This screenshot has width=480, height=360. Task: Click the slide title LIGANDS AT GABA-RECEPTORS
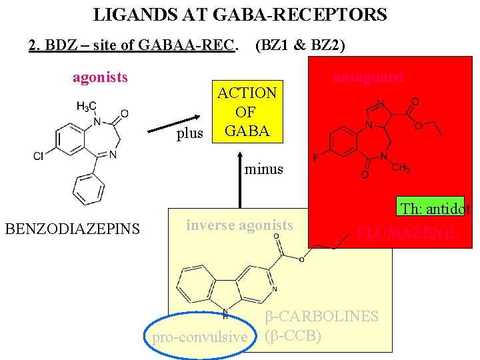[240, 14]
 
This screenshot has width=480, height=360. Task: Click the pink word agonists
[100, 77]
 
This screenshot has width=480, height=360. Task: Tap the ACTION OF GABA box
[247, 112]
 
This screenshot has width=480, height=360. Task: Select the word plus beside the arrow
[190, 134]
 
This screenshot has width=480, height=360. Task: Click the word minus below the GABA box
[264, 169]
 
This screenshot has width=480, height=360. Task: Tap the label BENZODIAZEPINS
[72, 230]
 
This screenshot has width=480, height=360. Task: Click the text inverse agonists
[239, 225]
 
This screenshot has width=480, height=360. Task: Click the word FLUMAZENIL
[407, 233]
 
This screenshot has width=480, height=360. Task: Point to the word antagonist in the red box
[368, 77]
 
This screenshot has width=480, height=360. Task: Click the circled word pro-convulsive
[199, 337]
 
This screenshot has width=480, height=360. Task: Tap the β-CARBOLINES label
[321, 317]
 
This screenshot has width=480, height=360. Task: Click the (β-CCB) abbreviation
[293, 335]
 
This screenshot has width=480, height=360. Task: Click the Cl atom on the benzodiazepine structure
[39, 156]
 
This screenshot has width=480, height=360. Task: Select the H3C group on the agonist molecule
[87, 106]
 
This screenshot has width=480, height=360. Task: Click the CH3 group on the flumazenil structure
[401, 168]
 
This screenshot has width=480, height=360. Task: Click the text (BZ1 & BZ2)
[300, 45]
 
